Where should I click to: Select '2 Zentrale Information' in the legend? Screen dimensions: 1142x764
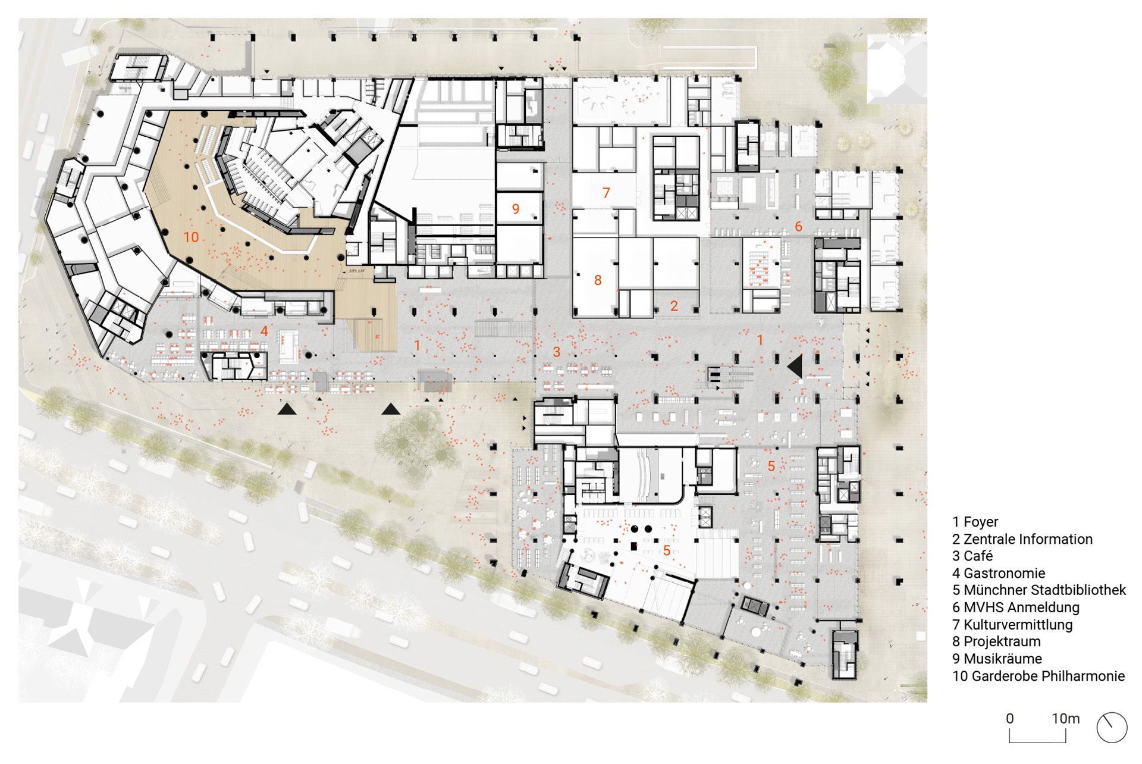click(1022, 539)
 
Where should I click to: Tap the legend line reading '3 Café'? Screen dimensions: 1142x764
click(972, 556)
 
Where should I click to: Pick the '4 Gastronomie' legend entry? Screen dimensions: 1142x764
click(999, 573)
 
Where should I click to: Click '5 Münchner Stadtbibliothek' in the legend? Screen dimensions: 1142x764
click(1039, 590)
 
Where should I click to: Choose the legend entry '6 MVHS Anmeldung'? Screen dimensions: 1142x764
click(1015, 607)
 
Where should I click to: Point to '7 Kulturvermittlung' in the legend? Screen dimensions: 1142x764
click(1012, 624)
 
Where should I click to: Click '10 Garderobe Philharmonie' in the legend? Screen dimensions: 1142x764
click(1039, 676)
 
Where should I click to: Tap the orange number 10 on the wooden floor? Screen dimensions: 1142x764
click(191, 237)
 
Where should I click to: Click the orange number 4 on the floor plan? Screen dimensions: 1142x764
click(264, 331)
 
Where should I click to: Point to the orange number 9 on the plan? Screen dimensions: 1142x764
click(516, 209)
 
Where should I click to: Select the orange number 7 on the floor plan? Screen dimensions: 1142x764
click(606, 193)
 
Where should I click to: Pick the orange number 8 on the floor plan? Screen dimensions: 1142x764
click(598, 280)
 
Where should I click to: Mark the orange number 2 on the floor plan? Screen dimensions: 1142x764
click(674, 306)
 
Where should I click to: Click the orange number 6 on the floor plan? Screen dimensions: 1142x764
click(798, 226)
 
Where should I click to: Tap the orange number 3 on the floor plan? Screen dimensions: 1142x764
click(557, 352)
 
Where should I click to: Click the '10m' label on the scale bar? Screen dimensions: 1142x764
click(1065, 719)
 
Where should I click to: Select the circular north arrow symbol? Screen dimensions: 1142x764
click(1112, 728)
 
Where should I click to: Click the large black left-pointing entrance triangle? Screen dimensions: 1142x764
click(795, 366)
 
